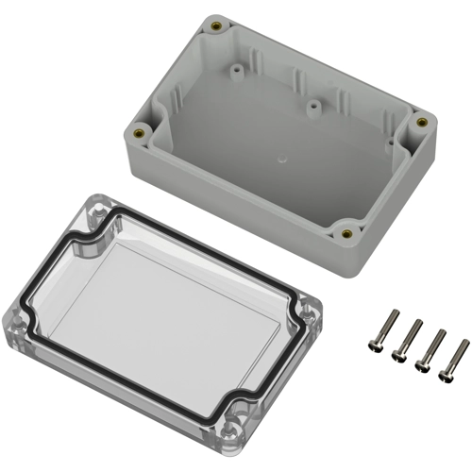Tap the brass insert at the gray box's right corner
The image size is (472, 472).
[421, 122]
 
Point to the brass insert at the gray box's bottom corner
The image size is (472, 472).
[346, 233]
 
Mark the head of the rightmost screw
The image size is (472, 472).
[447, 376]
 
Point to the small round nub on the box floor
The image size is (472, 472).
[281, 161]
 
